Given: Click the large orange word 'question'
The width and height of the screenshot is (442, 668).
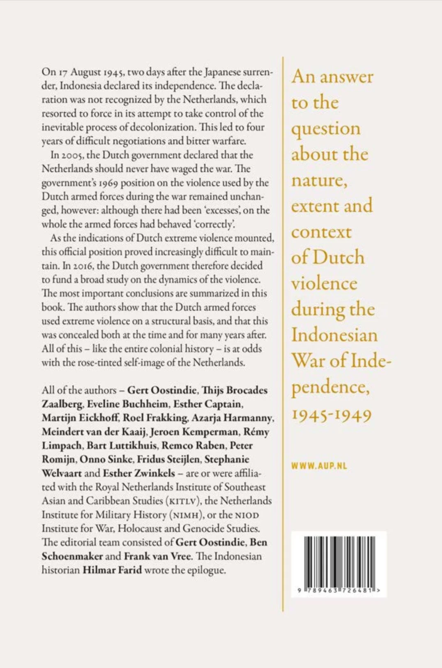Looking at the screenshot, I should [x=326, y=129].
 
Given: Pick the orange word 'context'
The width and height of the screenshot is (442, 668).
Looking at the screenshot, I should [x=321, y=232].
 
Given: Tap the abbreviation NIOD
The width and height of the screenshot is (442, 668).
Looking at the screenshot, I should [x=247, y=515].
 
